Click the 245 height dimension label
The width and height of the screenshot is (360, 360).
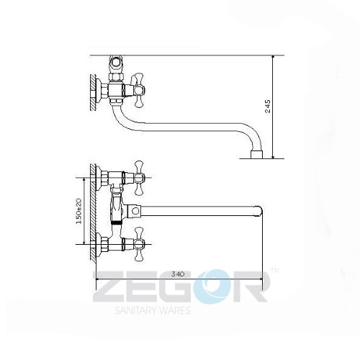coord(268,106)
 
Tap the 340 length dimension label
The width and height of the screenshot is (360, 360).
coord(178,274)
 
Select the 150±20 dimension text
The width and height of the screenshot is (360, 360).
coord(79,211)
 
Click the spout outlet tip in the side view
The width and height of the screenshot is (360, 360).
coord(257,155)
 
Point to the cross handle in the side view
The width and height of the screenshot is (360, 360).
coord(139,90)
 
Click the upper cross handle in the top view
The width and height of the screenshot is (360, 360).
coord(139,178)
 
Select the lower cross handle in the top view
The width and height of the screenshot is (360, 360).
coord(139,244)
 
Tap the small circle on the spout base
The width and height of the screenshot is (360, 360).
coord(135,211)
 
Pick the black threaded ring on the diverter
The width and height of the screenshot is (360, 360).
coord(117,222)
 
